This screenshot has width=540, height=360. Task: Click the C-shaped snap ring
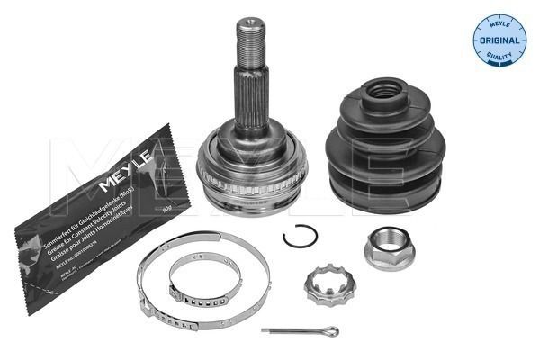[x=299, y=237]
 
